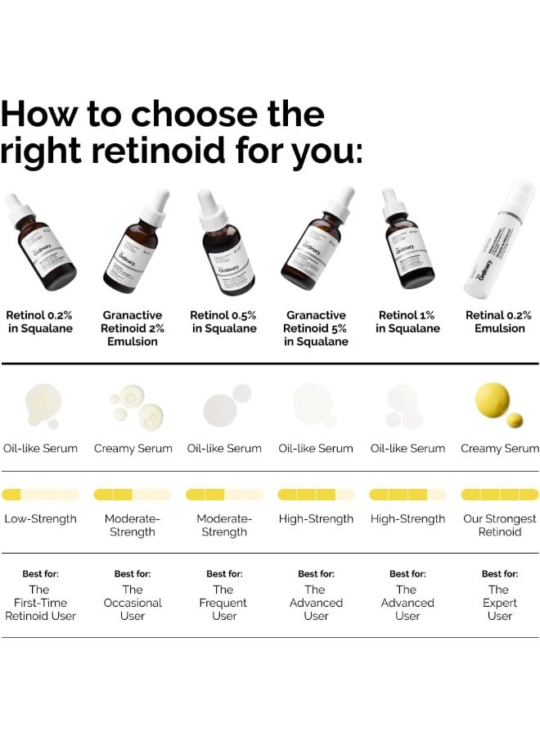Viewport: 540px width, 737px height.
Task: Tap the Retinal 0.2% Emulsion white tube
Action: coord(499,242)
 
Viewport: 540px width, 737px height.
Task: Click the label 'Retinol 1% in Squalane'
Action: coord(407,322)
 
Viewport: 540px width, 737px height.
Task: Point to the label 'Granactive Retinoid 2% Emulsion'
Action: coord(133,328)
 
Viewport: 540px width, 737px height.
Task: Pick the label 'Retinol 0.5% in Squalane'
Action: coord(223,322)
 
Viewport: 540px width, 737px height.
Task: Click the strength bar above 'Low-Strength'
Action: coord(41,495)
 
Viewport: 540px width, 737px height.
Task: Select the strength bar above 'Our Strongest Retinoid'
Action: coord(500,495)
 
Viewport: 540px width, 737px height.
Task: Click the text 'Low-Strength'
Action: coord(41,519)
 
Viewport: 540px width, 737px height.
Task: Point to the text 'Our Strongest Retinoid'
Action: coord(500,526)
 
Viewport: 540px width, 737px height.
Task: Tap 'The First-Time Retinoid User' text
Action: coord(40,603)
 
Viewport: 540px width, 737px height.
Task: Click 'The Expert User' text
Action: coord(499,603)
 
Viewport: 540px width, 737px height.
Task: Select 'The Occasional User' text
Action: coord(133,603)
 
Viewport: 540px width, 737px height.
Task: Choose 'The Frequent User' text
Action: coord(224,603)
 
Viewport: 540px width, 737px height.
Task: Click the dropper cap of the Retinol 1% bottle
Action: coord(390,200)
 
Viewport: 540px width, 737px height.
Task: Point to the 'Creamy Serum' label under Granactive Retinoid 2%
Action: coord(133,449)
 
